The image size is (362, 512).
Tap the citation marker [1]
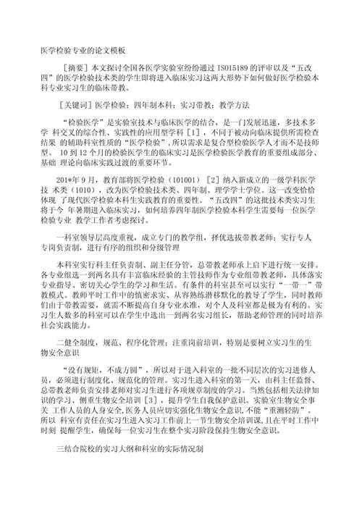[194, 135]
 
